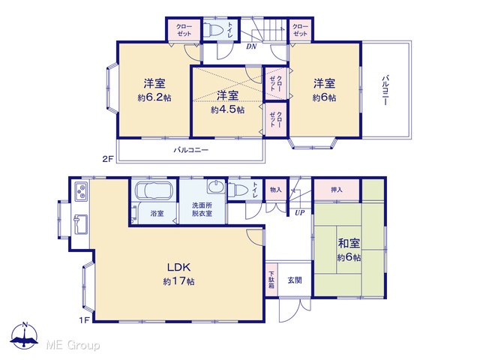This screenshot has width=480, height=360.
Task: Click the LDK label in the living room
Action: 179,267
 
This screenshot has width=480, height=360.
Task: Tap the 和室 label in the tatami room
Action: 349,243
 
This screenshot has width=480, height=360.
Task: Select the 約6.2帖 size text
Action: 154,97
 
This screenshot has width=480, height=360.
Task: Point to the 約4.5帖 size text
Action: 227,109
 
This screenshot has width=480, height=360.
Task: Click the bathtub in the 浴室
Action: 154,190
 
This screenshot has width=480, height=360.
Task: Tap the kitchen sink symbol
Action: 80,224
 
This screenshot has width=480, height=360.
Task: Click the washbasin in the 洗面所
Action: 216,187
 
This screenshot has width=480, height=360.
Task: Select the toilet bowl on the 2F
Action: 213,30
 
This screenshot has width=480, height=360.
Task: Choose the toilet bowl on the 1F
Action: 238,190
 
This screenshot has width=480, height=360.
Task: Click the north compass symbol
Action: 25,335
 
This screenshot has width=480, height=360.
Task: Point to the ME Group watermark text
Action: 73,345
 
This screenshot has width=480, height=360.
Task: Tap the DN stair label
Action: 251,46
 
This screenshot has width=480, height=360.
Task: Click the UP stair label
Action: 300,212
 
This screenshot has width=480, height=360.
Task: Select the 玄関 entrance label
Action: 295,280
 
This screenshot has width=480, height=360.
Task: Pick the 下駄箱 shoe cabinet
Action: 271,280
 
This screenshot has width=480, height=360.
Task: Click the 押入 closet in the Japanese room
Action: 337,190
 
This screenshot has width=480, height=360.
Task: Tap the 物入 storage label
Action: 275,190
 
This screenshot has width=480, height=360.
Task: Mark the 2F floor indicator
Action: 108,159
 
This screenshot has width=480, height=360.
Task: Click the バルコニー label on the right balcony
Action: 385,90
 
